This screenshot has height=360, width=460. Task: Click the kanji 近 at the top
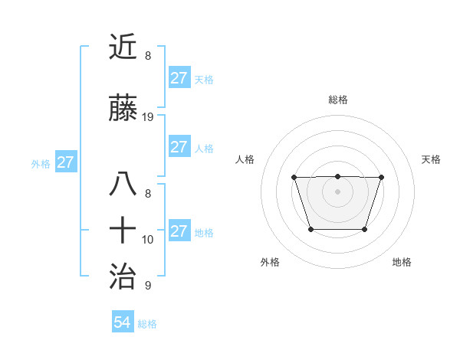(123, 47)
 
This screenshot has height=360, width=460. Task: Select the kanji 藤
(123, 109)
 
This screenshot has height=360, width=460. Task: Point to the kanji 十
(123, 229)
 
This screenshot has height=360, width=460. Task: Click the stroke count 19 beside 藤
(148, 117)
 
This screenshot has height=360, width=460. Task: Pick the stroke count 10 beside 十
(148, 239)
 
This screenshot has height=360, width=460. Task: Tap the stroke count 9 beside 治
(148, 286)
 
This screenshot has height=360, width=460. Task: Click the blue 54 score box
(122, 322)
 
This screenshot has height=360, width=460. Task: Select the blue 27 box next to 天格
(179, 78)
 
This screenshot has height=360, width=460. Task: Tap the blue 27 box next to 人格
(179, 147)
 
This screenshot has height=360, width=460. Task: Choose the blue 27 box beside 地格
(179, 231)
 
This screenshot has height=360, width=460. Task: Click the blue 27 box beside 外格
(65, 162)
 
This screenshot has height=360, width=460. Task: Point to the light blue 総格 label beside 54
(147, 324)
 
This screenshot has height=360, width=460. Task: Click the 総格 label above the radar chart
(337, 100)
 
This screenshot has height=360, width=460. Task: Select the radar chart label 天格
(432, 159)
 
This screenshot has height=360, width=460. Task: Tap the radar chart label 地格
(402, 262)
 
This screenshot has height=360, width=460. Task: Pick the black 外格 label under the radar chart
(270, 262)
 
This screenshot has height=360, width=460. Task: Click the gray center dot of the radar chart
(337, 191)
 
